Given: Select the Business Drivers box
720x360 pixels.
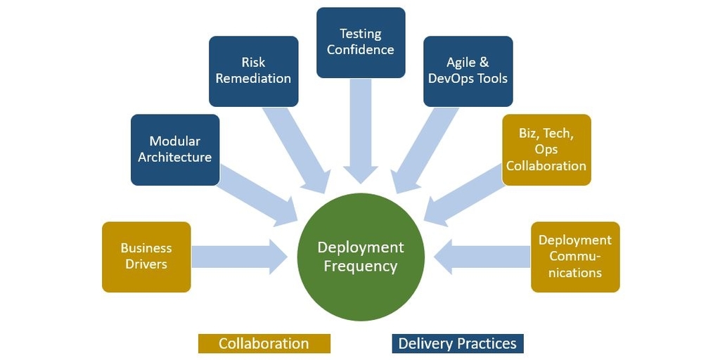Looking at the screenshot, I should pos(146,257).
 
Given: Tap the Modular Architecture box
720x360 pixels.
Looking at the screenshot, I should pos(175,150).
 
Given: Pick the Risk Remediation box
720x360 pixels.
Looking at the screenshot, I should pos(253,71).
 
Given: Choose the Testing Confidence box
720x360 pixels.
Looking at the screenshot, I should pos(361,42).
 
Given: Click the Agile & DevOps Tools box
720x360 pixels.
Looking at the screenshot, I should pos(468,71).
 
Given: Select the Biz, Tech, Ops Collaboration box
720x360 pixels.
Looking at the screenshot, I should pos(546,150).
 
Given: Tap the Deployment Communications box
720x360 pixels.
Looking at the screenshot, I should pos(575,257).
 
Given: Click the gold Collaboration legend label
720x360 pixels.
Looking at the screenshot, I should pos(264,343).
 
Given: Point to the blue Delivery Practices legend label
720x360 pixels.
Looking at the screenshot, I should pos(458,343).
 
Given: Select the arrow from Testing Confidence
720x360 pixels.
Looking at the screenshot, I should pos(361,130).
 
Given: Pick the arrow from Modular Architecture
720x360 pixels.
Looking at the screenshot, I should pos(257,200).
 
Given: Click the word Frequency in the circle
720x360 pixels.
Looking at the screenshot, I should pos(361,266).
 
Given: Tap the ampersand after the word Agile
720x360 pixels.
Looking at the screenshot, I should pos(484,63).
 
